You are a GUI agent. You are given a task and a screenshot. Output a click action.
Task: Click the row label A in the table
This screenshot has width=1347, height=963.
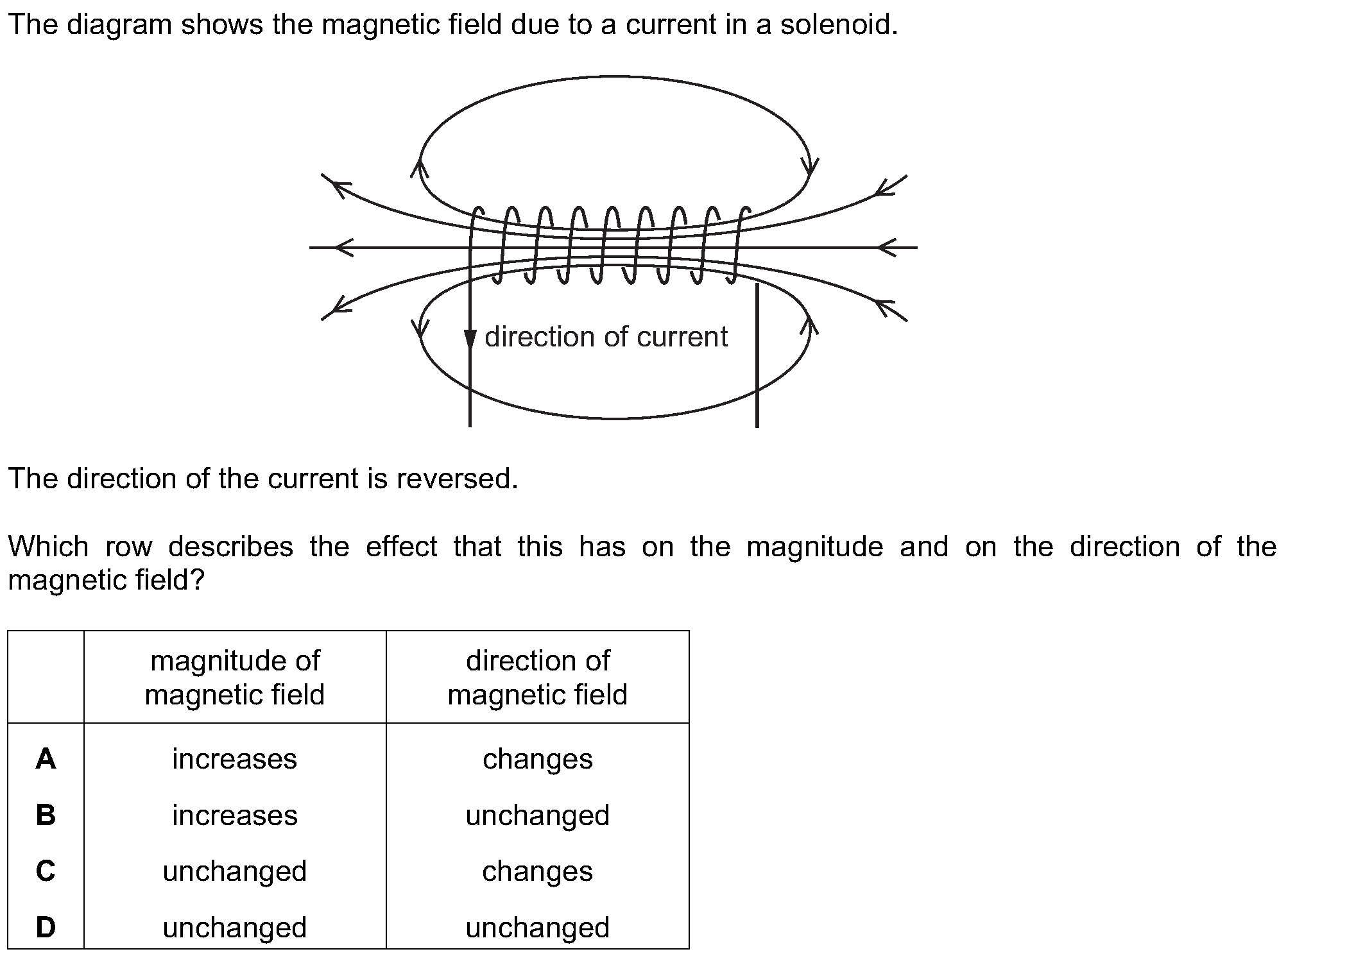pyautogui.click(x=46, y=759)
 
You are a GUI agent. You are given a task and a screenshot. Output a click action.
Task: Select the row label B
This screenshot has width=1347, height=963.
pyautogui.click(x=46, y=815)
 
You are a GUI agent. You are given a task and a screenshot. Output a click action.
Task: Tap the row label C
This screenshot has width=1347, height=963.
pyautogui.click(x=46, y=871)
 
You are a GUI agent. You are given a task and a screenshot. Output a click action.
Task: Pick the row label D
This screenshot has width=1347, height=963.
pyautogui.click(x=46, y=927)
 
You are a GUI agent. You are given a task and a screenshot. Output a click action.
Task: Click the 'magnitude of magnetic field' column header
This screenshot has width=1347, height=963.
pyautogui.click(x=235, y=678)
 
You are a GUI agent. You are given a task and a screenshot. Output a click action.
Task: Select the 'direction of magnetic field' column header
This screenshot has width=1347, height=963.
pyautogui.click(x=538, y=678)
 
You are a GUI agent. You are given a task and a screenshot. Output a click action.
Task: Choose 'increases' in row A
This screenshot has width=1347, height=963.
pyautogui.click(x=235, y=759)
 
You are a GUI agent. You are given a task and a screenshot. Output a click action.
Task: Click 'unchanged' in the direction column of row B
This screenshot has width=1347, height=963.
pyautogui.click(x=538, y=815)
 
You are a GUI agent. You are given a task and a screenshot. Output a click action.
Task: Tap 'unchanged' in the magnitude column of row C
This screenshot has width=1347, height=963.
pyautogui.click(x=235, y=871)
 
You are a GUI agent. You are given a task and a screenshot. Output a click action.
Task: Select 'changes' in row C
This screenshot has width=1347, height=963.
pyautogui.click(x=538, y=871)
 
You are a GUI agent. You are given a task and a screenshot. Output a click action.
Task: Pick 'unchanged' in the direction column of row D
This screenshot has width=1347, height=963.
pyautogui.click(x=538, y=928)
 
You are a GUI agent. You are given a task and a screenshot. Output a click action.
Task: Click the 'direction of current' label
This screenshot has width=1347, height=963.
pyautogui.click(x=606, y=337)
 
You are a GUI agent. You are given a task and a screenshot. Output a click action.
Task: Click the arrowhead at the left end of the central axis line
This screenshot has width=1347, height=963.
pyautogui.click(x=344, y=247)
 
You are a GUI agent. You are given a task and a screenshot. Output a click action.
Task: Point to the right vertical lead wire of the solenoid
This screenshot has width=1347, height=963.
pyautogui.click(x=757, y=355)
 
